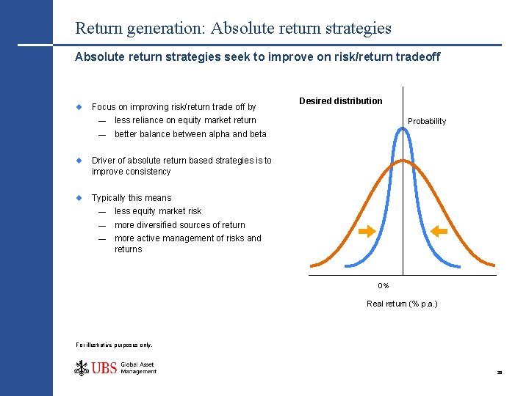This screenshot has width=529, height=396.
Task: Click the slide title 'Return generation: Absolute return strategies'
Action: click(233, 29)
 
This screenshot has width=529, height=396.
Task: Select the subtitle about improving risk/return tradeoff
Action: click(257, 56)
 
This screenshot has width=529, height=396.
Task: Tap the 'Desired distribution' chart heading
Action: click(341, 101)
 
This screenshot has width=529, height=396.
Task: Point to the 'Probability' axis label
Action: click(427, 121)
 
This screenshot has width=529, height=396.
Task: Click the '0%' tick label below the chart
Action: click(384, 285)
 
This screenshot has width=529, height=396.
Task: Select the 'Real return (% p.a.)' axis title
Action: click(402, 304)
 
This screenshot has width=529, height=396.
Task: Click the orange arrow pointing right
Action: click(367, 232)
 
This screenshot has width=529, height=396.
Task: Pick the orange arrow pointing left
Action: click(439, 232)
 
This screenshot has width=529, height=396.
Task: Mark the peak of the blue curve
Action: click(403, 128)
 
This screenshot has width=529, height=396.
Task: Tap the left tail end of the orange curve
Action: click(312, 265)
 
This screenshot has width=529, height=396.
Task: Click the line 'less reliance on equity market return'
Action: click(185, 120)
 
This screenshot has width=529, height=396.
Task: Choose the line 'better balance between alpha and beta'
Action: click(190, 134)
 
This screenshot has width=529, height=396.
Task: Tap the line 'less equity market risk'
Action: click(158, 211)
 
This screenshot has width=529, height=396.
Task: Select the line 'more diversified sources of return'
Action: click(180, 225)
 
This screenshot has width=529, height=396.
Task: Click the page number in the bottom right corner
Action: click(499, 373)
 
